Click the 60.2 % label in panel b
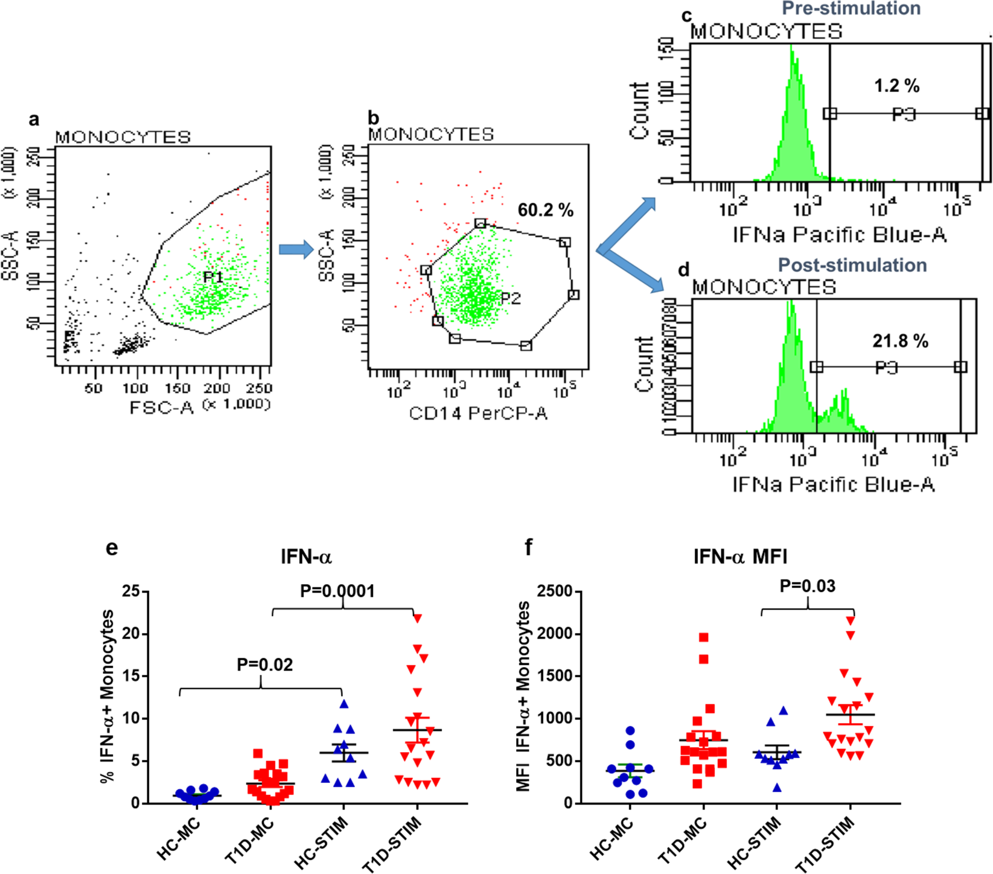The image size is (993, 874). (x=545, y=210)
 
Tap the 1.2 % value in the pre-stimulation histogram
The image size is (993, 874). (x=896, y=86)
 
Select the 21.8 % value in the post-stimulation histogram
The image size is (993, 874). (x=899, y=341)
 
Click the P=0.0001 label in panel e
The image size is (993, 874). (x=337, y=591)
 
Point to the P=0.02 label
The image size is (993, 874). (x=264, y=665)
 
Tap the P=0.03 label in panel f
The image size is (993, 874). (x=807, y=585)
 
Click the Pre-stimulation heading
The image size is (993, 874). (x=851, y=8)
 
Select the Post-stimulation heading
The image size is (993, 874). (x=852, y=265)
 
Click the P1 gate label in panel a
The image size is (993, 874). (x=212, y=277)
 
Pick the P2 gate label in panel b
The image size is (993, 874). (x=510, y=298)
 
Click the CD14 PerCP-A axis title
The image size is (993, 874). (x=477, y=413)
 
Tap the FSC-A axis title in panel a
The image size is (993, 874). (x=162, y=407)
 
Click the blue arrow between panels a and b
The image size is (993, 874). (x=296, y=249)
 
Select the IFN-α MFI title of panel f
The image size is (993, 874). (x=740, y=556)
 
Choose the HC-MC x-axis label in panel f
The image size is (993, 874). (x=611, y=839)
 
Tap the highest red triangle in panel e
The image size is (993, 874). (x=417, y=617)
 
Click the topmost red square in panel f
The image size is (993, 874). (x=703, y=637)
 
